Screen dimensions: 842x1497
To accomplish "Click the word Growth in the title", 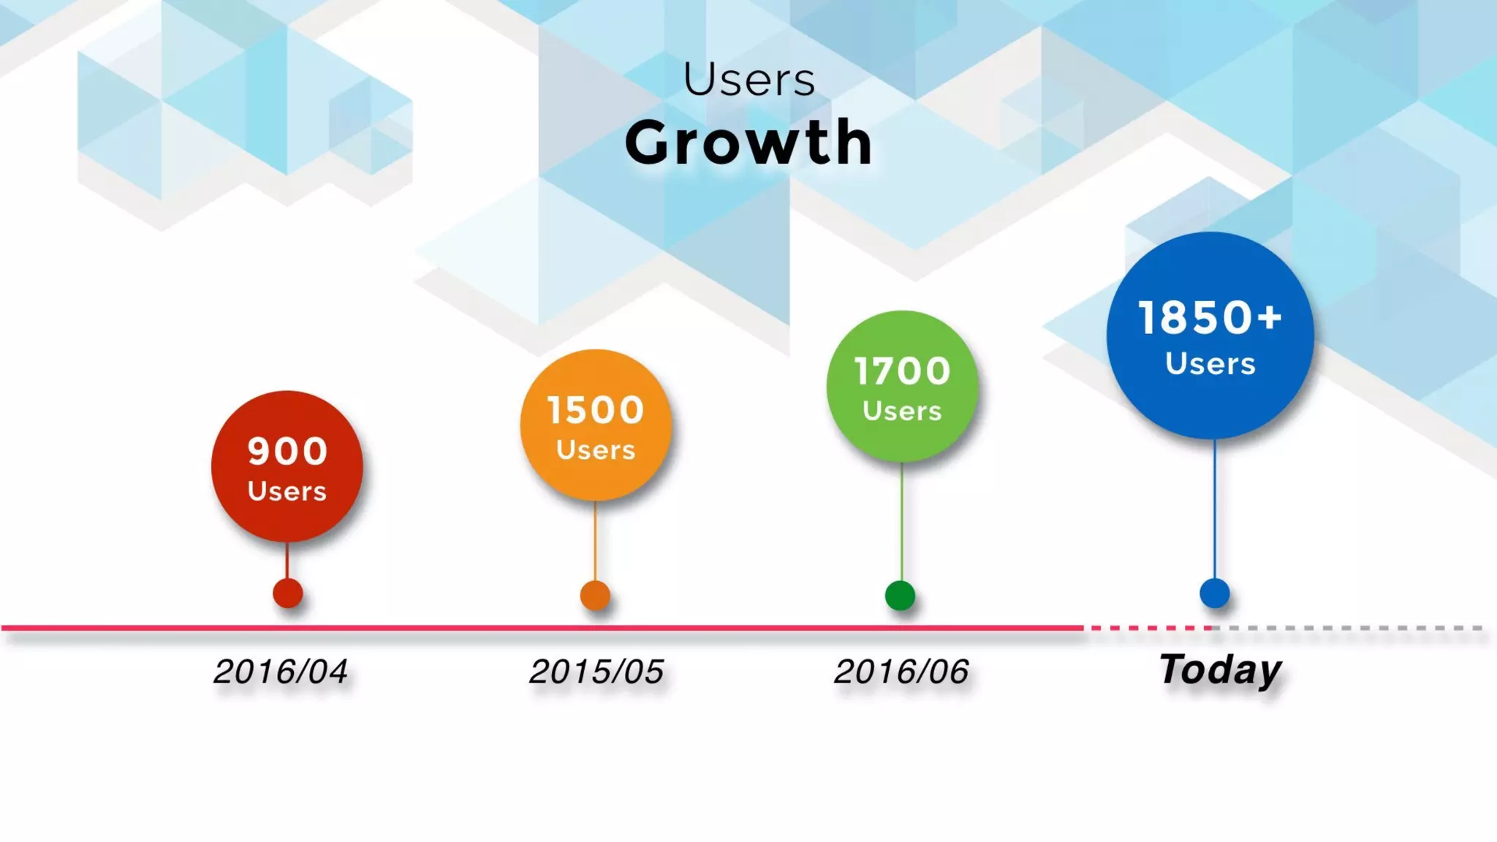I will coord(748,143).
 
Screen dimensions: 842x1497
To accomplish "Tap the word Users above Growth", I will coord(748,80).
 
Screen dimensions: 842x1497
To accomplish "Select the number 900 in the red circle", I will coord(287,451).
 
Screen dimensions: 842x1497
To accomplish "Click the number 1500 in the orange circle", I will coord(596,410).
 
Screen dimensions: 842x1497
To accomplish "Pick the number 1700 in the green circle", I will coord(902,371).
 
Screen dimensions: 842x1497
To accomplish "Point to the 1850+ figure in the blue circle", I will coord(1210,318).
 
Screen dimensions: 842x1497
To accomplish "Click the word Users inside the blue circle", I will coord(1210,364).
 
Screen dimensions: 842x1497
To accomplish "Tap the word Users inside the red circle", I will coord(287,491).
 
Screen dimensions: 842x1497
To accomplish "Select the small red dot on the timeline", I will coord(288,593).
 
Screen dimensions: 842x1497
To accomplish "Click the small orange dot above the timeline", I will coord(595,595).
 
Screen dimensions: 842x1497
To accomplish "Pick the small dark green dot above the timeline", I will coord(900,595).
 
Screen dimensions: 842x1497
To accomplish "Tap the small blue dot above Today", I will coord(1215,593).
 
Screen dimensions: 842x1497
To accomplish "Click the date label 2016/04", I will coord(281,672).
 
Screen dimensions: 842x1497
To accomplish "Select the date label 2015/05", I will coord(596,672).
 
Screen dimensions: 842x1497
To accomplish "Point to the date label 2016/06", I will coord(901,672).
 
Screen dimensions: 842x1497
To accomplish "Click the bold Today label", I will coord(1220,670).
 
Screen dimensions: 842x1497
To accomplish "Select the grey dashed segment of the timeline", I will coord(1352,628).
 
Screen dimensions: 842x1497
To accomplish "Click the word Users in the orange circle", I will coord(596,450).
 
